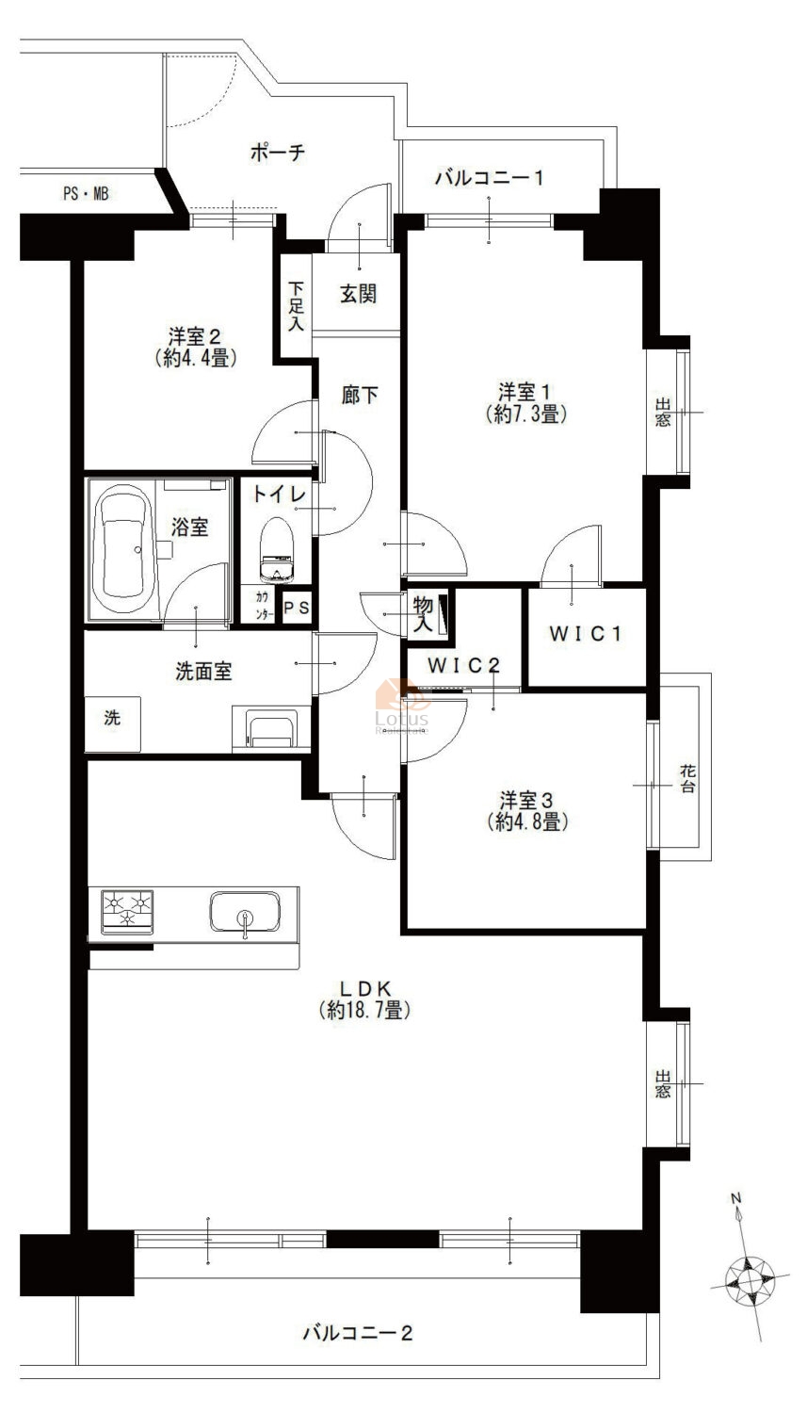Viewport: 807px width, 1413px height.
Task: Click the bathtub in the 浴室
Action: pyautogui.click(x=121, y=549)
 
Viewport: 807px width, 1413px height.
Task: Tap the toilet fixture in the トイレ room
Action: pyautogui.click(x=277, y=550)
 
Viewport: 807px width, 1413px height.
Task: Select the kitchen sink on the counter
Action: pyautogui.click(x=245, y=912)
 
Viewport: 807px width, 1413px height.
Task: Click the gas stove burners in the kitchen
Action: pyautogui.click(x=127, y=912)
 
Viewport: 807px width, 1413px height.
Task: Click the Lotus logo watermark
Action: pyautogui.click(x=401, y=707)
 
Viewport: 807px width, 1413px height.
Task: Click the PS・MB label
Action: pyautogui.click(x=86, y=194)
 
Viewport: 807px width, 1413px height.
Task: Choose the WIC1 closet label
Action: pyautogui.click(x=586, y=633)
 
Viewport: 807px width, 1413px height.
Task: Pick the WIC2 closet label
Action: pyautogui.click(x=464, y=665)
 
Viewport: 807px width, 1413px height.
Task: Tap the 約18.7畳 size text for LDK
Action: pyautogui.click(x=365, y=1011)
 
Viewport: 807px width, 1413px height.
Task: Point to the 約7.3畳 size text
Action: pyautogui.click(x=527, y=414)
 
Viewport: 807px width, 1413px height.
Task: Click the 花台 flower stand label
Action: pyautogui.click(x=687, y=778)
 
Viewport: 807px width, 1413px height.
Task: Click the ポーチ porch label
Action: pyautogui.click(x=278, y=152)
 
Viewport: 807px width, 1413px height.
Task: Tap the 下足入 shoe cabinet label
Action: pyautogui.click(x=296, y=306)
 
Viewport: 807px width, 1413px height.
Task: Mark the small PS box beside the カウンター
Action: pyautogui.click(x=297, y=608)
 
